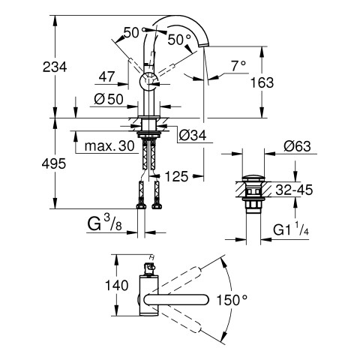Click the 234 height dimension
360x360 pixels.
tap(55, 67)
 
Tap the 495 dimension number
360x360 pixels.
tap(54, 164)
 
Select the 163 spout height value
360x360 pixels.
tap(262, 82)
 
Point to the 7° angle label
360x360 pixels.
tap(238, 66)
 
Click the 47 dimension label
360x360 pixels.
tap(106, 76)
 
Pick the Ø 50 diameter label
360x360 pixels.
tap(109, 99)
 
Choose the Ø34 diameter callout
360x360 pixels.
tap(193, 136)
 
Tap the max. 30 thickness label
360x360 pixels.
tap(109, 145)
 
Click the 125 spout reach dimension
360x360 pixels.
tap(176, 176)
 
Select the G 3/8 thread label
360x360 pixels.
tap(104, 223)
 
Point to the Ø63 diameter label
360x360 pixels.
tap(297, 146)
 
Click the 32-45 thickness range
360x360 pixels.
tap(294, 190)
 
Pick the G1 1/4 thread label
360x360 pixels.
tap(291, 229)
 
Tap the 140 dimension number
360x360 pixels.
tap(116, 285)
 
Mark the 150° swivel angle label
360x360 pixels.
tap(232, 300)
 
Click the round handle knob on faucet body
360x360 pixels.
tap(148, 82)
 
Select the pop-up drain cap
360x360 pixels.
tap(253, 178)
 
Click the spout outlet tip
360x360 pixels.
tap(203, 46)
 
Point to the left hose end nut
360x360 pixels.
tap(141, 206)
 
